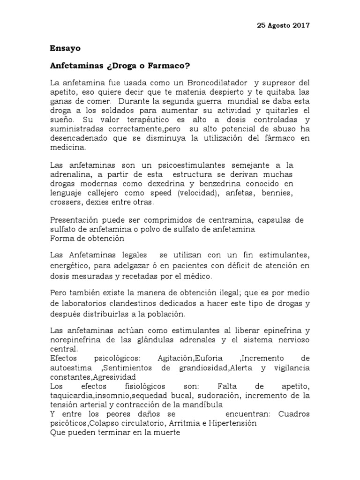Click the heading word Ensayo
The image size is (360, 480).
point(65,48)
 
